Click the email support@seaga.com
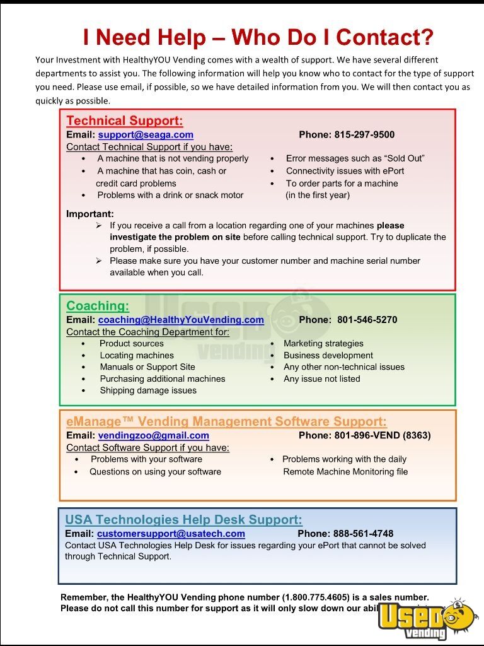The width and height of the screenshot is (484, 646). [146, 134]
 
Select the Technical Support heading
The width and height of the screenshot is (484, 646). [125, 120]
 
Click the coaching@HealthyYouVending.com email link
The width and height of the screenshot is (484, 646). [181, 320]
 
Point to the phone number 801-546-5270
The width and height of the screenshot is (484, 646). [367, 320]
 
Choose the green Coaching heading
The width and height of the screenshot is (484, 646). [98, 306]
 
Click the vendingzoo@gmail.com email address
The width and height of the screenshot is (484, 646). [153, 435]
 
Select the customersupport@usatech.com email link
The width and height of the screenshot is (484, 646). [171, 534]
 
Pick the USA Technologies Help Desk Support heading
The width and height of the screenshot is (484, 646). [183, 520]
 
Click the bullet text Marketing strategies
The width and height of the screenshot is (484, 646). [323, 343]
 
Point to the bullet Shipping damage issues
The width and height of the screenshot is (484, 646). [148, 391]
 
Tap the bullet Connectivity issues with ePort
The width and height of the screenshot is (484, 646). [345, 171]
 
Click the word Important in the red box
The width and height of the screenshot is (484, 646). [90, 214]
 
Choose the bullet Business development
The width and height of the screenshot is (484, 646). [328, 355]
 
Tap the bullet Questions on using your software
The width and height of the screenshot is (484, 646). [155, 471]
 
